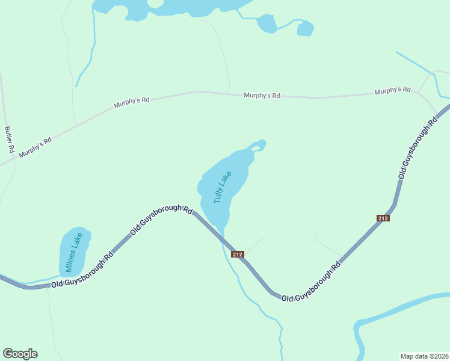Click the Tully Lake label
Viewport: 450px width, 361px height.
(222, 187)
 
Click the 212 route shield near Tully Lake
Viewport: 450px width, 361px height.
(237, 254)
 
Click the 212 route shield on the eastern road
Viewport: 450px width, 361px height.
(383, 218)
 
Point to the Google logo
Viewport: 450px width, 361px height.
(20, 354)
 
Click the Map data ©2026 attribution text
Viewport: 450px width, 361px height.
(424, 356)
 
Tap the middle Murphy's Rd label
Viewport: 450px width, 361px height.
(262, 96)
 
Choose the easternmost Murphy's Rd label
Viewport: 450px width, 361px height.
(392, 91)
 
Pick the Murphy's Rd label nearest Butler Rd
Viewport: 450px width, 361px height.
(35, 147)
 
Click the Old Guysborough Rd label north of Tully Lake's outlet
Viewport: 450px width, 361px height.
(161, 219)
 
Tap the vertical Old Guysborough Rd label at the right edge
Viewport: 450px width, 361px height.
(418, 147)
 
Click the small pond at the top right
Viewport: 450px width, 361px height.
(306, 28)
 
